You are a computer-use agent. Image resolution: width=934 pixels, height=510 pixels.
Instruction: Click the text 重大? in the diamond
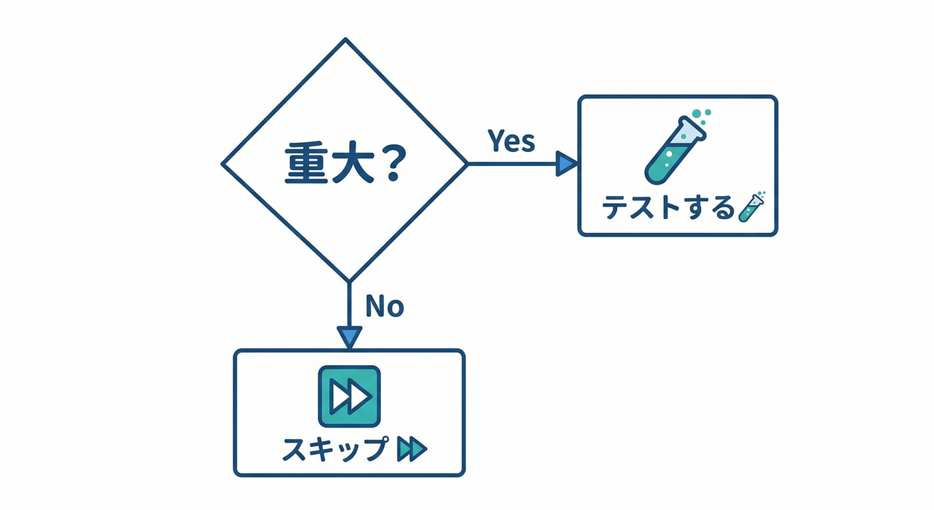click(x=343, y=164)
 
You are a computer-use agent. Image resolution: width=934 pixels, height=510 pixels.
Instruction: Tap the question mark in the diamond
click(x=391, y=163)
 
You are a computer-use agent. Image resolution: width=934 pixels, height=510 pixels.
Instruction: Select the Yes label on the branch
click(x=511, y=140)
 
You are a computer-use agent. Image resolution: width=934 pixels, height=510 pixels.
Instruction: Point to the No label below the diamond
click(x=385, y=306)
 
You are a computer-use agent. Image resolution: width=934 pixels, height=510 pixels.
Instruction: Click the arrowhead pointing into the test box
click(x=566, y=163)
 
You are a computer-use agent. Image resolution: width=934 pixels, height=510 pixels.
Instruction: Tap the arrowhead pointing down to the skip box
click(x=349, y=336)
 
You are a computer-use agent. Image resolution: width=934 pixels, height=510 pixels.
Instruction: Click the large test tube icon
click(x=674, y=150)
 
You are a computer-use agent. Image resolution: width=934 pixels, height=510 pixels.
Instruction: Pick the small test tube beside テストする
click(x=751, y=207)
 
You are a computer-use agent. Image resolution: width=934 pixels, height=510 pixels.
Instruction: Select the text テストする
click(x=669, y=209)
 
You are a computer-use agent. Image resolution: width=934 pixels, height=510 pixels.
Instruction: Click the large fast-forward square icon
click(x=350, y=396)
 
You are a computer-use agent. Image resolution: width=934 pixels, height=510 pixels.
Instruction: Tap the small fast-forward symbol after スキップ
click(x=411, y=450)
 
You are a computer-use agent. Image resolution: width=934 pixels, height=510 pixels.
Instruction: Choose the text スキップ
click(x=334, y=450)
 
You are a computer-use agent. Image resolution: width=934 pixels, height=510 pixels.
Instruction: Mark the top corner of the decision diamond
click(x=345, y=40)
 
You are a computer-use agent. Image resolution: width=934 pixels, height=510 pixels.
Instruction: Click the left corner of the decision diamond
click(x=223, y=163)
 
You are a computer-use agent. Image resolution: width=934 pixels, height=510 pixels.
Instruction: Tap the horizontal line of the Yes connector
click(x=511, y=163)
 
